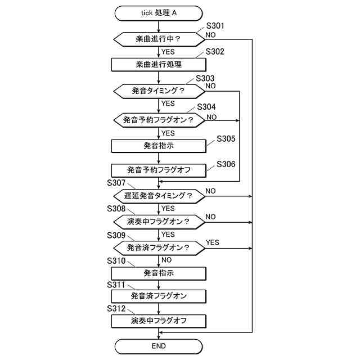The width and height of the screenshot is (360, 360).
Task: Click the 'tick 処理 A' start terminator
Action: [x=159, y=13]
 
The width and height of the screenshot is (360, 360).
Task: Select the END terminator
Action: [x=159, y=345]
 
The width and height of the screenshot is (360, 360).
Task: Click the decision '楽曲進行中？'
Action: [x=159, y=39]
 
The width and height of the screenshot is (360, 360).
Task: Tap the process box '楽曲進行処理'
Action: [x=159, y=65]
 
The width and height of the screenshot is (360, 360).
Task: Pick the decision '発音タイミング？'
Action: [x=159, y=91]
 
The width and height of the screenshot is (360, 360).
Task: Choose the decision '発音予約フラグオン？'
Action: [x=159, y=120]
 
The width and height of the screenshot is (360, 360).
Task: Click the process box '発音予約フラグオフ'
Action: [x=159, y=170]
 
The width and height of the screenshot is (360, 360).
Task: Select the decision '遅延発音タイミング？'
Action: [x=159, y=196]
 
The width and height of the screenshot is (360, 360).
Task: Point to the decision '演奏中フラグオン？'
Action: [x=159, y=222]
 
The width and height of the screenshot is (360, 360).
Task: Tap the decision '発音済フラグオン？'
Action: [x=159, y=247]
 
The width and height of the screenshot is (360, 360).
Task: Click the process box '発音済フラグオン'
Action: [x=159, y=295]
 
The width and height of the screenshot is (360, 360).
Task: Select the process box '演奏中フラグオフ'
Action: [x=159, y=321]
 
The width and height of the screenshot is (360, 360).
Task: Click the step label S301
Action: [x=215, y=26]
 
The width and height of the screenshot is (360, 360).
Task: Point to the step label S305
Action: [x=226, y=138]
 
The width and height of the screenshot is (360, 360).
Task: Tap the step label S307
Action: [x=116, y=183]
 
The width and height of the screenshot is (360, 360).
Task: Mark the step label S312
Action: [x=116, y=308]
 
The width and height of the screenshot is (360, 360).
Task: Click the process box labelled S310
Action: [x=159, y=273]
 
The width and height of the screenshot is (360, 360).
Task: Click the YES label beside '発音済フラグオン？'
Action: [x=213, y=242]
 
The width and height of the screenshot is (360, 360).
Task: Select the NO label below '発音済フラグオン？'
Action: [x=166, y=260]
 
